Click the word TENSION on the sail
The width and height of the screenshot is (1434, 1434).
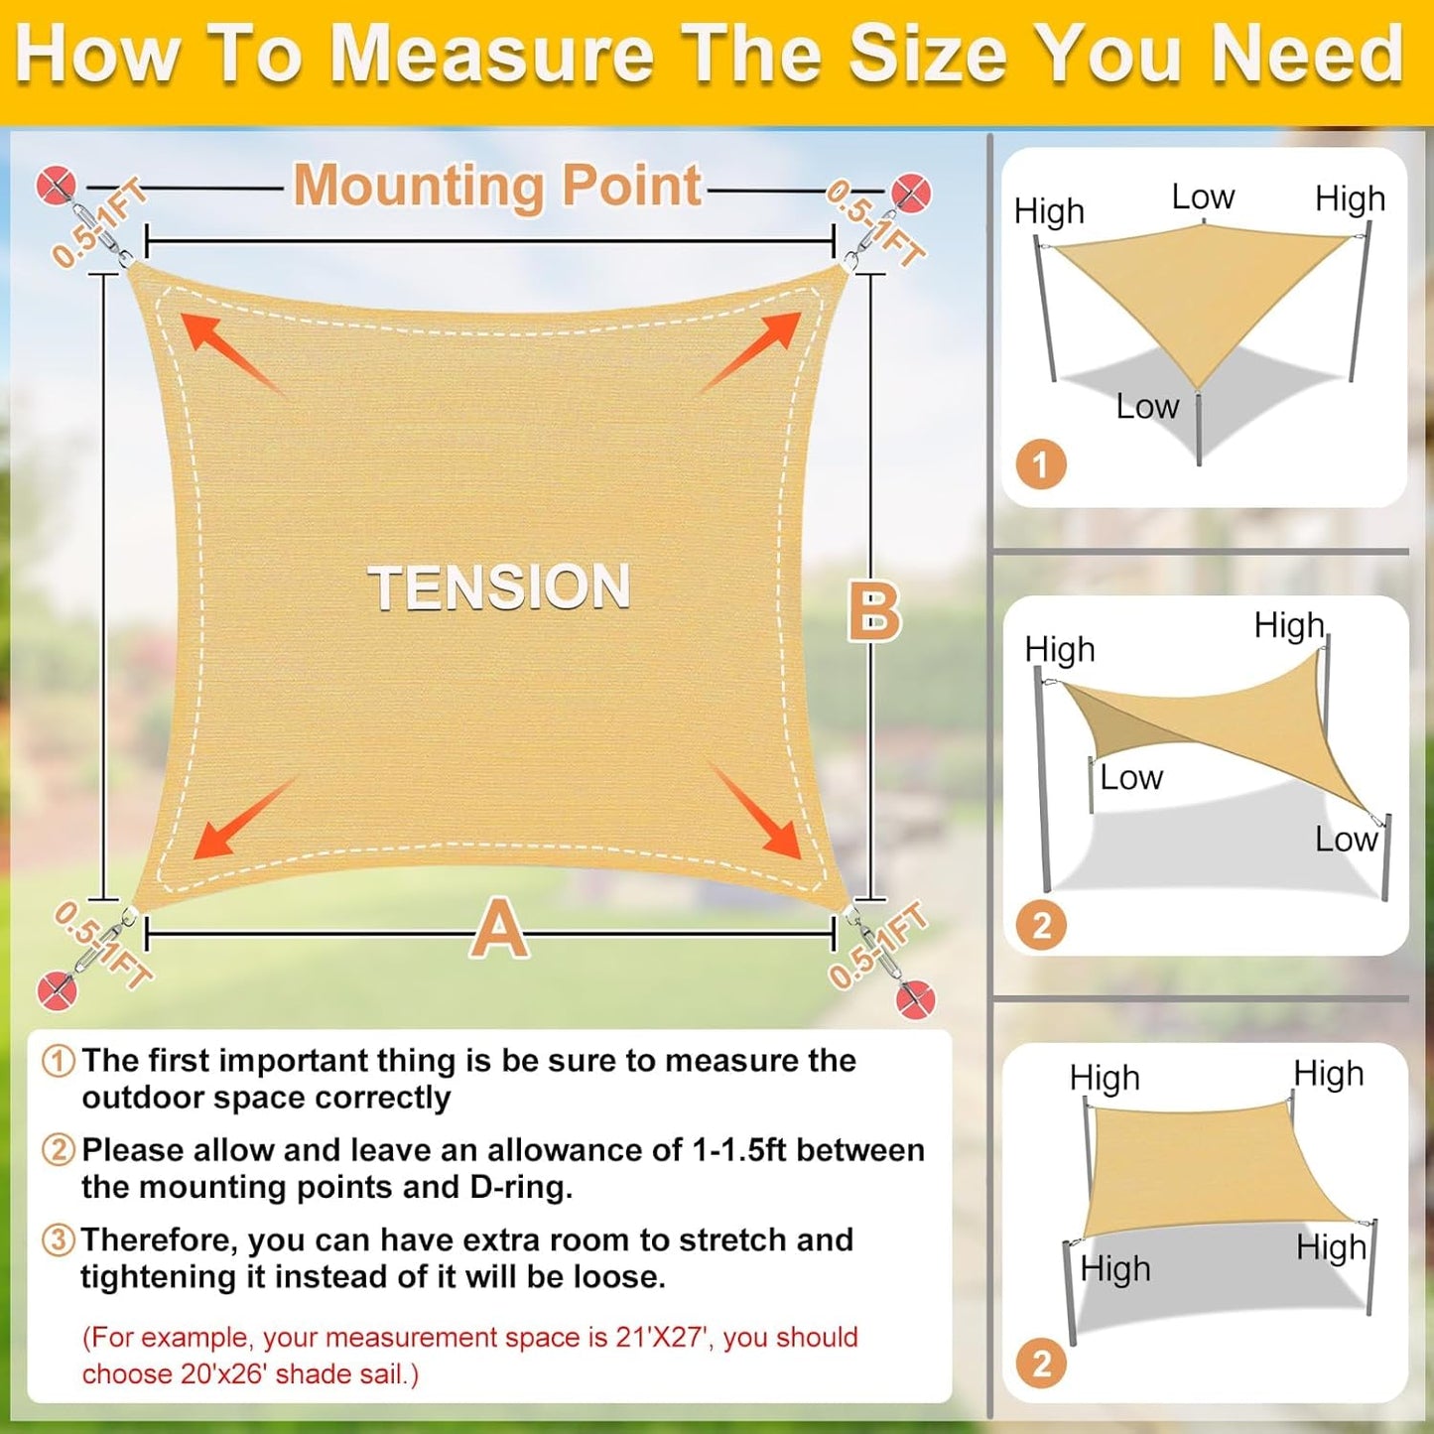tap(499, 587)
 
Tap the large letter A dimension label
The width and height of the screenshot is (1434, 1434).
tap(499, 929)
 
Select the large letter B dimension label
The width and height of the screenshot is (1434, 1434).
tap(873, 611)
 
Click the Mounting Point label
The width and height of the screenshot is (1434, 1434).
tap(497, 186)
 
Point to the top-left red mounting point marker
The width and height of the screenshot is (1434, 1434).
tap(56, 186)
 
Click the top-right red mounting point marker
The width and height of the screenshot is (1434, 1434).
tap(910, 193)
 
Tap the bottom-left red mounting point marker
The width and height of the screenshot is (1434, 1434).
tap(57, 990)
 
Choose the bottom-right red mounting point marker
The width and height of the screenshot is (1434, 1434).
tap(915, 997)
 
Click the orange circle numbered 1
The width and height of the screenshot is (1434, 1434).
tap(1041, 464)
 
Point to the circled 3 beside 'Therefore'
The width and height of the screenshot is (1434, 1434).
tap(59, 1239)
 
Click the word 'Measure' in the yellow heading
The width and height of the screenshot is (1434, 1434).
tap(491, 54)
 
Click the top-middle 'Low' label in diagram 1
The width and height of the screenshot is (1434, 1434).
tap(1203, 196)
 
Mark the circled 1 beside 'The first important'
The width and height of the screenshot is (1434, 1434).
tap(59, 1060)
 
